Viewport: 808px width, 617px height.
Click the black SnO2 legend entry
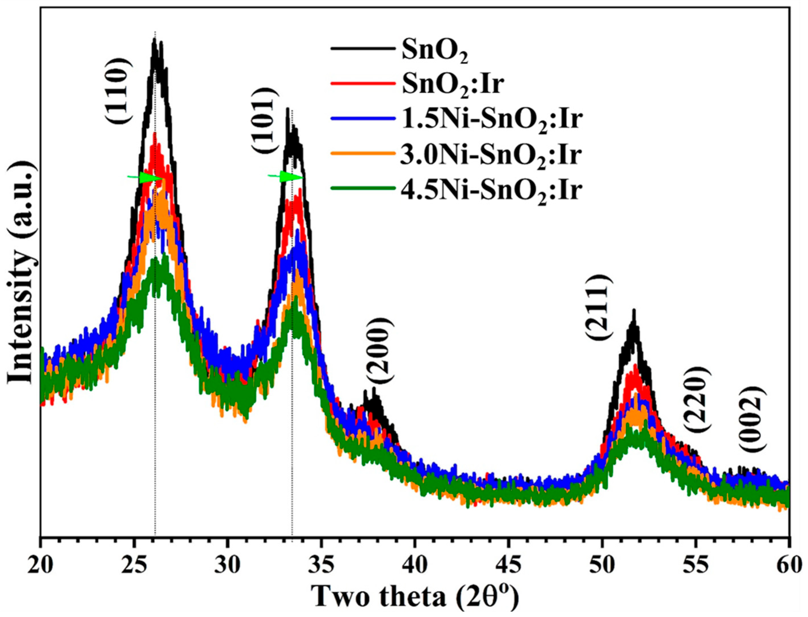pyautogui.click(x=435, y=51)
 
